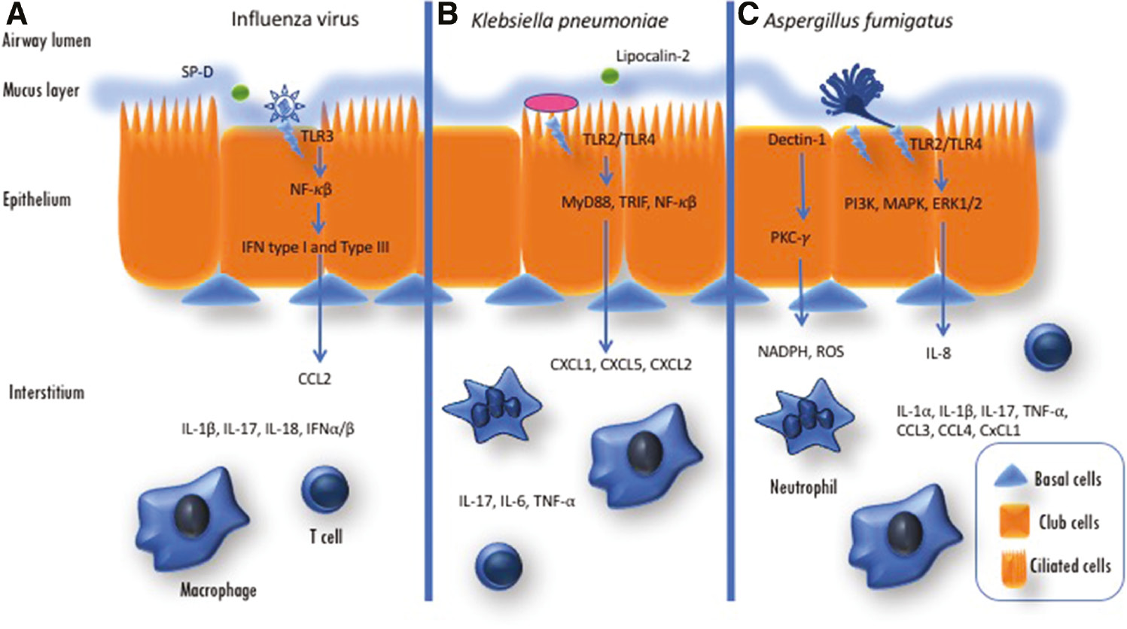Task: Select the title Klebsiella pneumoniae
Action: [x=569, y=20]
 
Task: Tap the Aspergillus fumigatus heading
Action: [x=858, y=20]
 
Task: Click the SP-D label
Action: [x=197, y=72]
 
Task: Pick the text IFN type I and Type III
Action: [x=315, y=247]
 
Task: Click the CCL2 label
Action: [x=314, y=379]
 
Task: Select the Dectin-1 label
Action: [x=797, y=139]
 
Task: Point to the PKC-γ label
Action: [x=790, y=239]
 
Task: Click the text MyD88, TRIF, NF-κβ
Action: [x=629, y=202]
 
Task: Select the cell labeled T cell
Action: [x=324, y=488]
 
